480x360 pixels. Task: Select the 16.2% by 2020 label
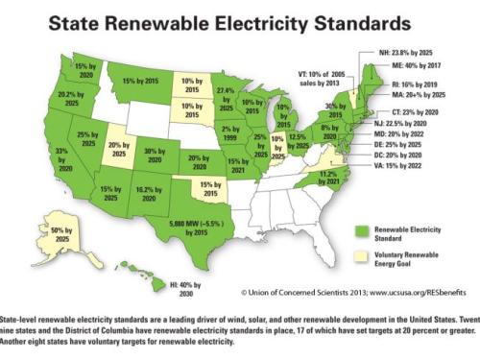(x=145, y=196)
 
